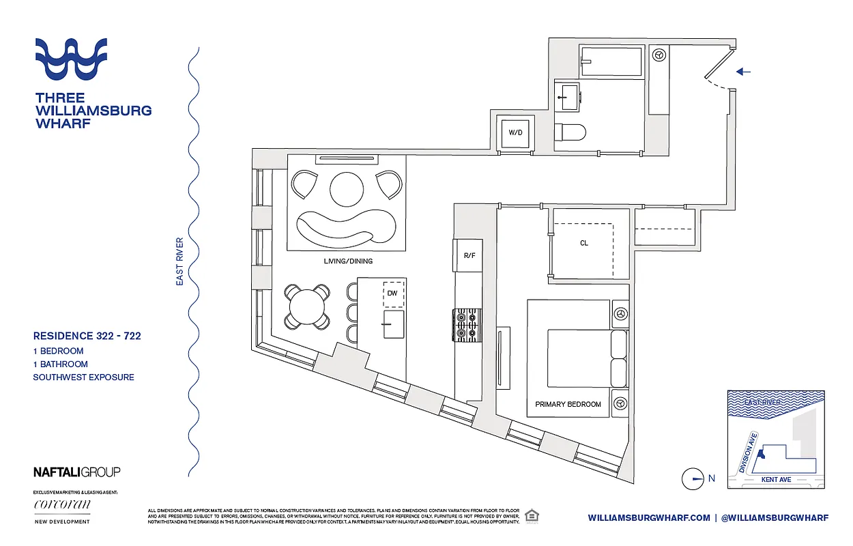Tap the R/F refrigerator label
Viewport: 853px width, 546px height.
point(469,257)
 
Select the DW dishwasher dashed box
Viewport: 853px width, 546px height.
point(393,293)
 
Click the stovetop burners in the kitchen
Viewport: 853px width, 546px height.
point(467,326)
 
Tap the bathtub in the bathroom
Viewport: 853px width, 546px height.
point(611,61)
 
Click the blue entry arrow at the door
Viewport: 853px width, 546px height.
point(744,72)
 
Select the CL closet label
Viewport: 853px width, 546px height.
point(584,243)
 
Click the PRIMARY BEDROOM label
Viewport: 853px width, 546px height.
point(568,404)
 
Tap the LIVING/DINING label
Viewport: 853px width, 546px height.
point(348,261)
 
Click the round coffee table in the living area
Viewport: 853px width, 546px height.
point(348,187)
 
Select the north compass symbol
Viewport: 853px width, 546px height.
point(693,479)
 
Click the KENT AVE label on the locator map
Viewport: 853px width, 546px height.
point(775,480)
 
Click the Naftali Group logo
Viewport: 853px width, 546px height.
point(76,472)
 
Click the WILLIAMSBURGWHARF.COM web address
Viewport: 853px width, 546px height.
point(648,518)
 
